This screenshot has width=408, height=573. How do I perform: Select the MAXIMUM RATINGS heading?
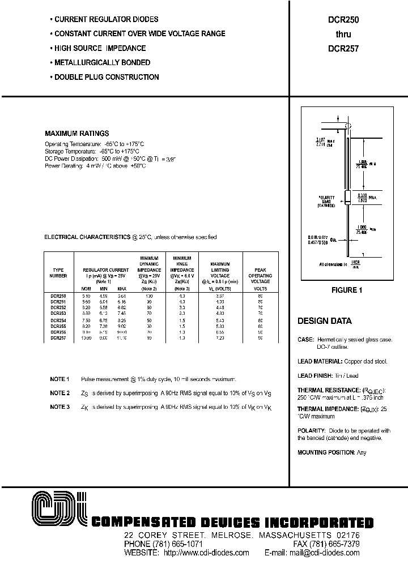pos(76,134)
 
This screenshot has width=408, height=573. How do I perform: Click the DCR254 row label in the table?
pos(58,320)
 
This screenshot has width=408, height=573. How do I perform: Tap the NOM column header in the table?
pos(87,288)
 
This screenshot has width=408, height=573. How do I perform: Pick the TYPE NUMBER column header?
pos(59,273)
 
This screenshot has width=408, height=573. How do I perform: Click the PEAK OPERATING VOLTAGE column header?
pos(260,276)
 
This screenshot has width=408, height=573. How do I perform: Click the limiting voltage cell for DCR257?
pos(220,337)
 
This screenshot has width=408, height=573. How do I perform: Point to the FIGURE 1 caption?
pos(346,290)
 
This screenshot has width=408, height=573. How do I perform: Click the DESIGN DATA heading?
pos(324,321)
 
